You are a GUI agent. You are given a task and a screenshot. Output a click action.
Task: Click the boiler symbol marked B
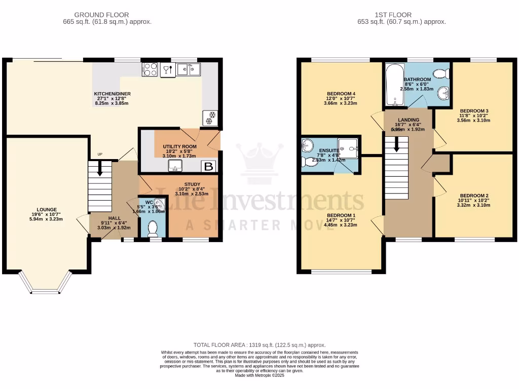(208, 166)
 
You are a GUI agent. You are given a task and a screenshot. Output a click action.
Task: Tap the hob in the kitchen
(150, 69)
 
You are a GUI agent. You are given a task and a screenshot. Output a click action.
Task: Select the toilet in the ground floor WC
(152, 229)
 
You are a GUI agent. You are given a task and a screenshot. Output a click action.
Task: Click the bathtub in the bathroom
(393, 85)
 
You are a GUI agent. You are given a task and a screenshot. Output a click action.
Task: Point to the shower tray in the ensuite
(348, 148)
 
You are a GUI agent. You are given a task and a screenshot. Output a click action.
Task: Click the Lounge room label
(47, 210)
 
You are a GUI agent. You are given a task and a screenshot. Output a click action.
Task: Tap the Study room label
(192, 184)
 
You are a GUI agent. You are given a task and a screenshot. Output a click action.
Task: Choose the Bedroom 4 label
(341, 94)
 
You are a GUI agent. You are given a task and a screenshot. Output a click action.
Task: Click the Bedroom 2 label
(474, 196)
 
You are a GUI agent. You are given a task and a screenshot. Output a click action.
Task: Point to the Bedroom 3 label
(474, 111)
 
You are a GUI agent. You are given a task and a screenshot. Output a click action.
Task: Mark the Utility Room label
(179, 146)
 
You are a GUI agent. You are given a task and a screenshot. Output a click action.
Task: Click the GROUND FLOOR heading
(101, 15)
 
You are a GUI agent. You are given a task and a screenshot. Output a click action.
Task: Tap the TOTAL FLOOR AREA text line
(259, 344)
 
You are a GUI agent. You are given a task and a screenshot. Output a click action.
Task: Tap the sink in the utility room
(176, 168)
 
